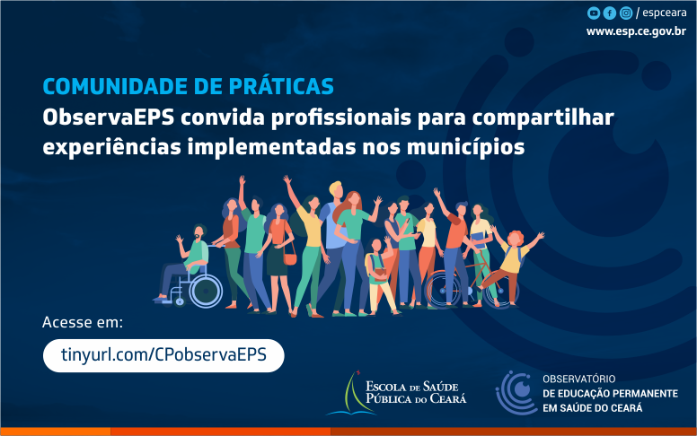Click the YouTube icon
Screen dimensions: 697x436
pyautogui.click(x=594, y=13)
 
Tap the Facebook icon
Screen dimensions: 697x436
pyautogui.click(x=610, y=13)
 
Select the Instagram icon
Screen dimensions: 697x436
pyautogui.click(x=626, y=13)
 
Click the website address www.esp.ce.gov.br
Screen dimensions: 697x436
pyautogui.click(x=636, y=31)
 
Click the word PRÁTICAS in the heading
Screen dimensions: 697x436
pyautogui.click(x=281, y=86)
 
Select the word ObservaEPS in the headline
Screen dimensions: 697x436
pyautogui.click(x=109, y=118)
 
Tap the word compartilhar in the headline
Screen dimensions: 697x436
pyautogui.click(x=543, y=118)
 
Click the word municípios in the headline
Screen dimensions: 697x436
pyautogui.click(x=465, y=147)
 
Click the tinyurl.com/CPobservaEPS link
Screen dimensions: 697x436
pyautogui.click(x=163, y=355)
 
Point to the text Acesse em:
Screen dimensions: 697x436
pyautogui.click(x=83, y=322)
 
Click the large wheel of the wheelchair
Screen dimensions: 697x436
pyautogui.click(x=206, y=291)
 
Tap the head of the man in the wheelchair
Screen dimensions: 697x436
pyautogui.click(x=199, y=232)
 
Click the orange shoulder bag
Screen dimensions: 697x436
pyautogui.click(x=289, y=257)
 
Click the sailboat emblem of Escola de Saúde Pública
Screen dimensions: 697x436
pyautogui.click(x=351, y=394)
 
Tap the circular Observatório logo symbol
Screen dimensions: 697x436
pyautogui.click(x=516, y=392)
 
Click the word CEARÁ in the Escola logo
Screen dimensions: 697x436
pyautogui.click(x=448, y=398)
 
